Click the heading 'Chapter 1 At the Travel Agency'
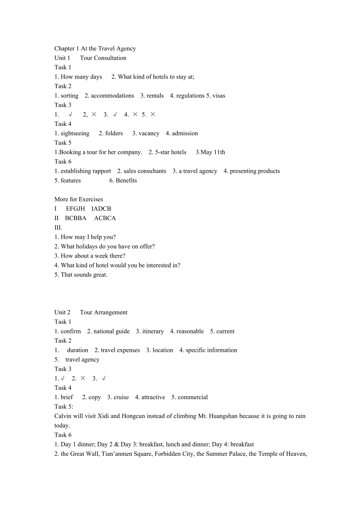point(95,48)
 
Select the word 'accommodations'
point(112,96)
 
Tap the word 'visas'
point(219,96)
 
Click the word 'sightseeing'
point(75,133)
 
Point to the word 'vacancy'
point(149,133)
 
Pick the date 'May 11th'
point(213,152)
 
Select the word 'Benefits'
point(126,180)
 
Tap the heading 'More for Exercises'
point(79,199)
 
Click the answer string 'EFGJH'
point(76,209)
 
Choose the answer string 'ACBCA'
point(105,218)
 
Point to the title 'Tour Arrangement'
point(104,312)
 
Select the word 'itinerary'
point(153,331)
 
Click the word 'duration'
point(77,350)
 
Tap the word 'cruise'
point(121,397)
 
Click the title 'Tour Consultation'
point(103,58)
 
